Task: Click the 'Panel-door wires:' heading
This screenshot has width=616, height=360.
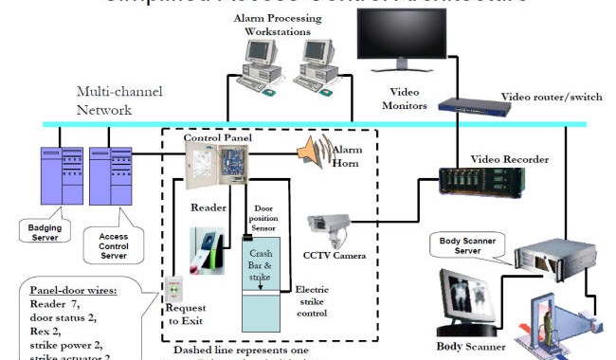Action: [x=75, y=289]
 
